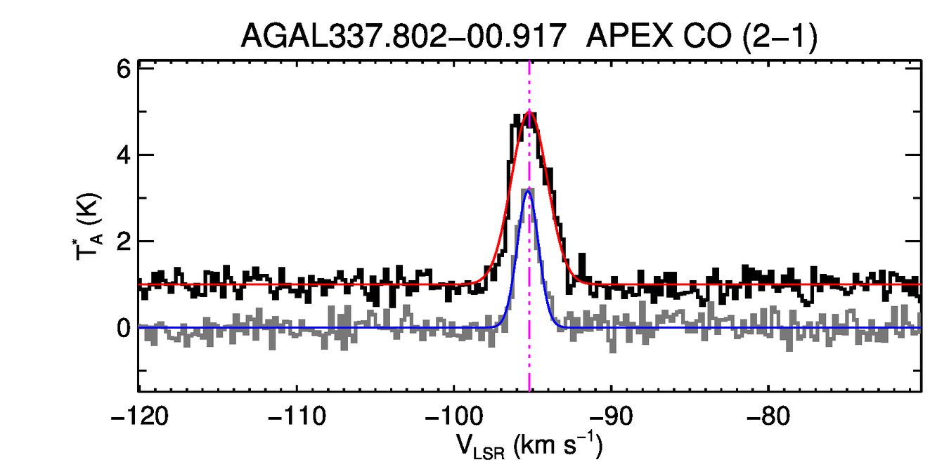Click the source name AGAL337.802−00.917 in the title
click(x=404, y=35)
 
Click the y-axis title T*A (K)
click(x=90, y=229)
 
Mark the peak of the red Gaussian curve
click(x=529, y=111)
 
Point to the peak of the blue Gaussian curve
click(x=529, y=191)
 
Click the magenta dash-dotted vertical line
click(x=529, y=365)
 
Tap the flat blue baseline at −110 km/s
click(x=296, y=327)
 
